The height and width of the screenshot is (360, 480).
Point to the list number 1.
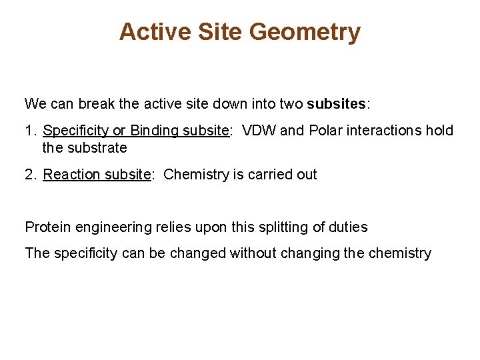click(x=29, y=130)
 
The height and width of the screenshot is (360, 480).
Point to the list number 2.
click(x=29, y=175)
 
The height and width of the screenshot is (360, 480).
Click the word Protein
click(x=48, y=227)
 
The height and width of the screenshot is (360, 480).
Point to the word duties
click(x=347, y=227)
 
